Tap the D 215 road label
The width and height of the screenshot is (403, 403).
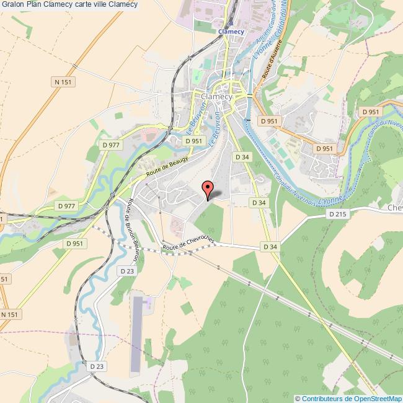click(337, 214)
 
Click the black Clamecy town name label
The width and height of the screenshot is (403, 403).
click(216, 97)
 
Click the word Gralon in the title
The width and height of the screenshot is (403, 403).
click(12, 4)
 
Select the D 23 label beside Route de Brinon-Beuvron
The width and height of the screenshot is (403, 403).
click(127, 271)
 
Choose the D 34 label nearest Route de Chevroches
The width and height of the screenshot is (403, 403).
click(270, 247)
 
